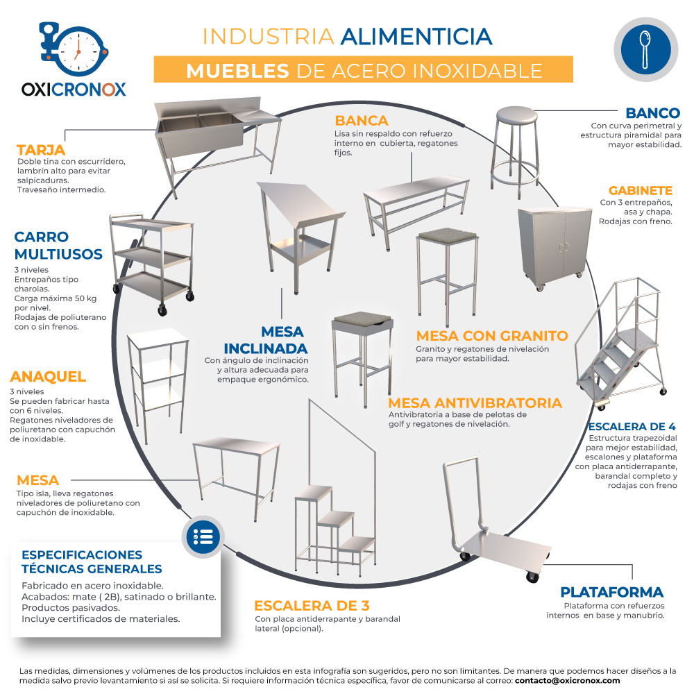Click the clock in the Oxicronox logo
click(78, 51)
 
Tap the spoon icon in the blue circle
click(645, 49)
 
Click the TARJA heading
click(41, 150)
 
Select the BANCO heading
click(653, 113)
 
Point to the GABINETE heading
click(641, 190)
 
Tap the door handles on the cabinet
click(564, 248)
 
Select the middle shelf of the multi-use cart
click(153, 256)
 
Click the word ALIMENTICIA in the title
click(416, 37)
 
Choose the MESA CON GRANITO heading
click(492, 335)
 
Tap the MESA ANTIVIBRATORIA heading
click(475, 403)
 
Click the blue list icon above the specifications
click(203, 537)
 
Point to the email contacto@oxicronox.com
click(567, 680)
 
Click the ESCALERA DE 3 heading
click(312, 605)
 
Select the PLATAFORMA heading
click(611, 592)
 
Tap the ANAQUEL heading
click(48, 377)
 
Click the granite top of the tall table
click(448, 234)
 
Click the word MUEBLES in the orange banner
click(237, 71)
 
